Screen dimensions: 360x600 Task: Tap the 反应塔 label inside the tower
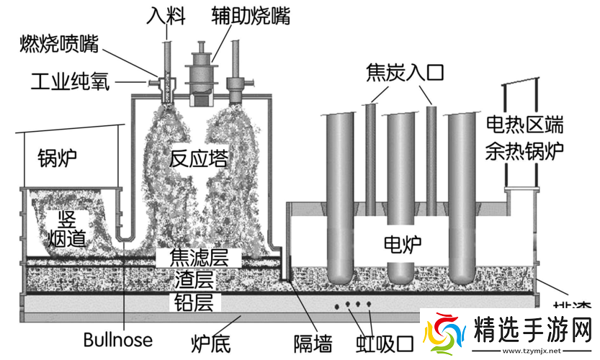(x=199, y=158)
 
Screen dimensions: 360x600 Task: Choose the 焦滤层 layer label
(x=198, y=256)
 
